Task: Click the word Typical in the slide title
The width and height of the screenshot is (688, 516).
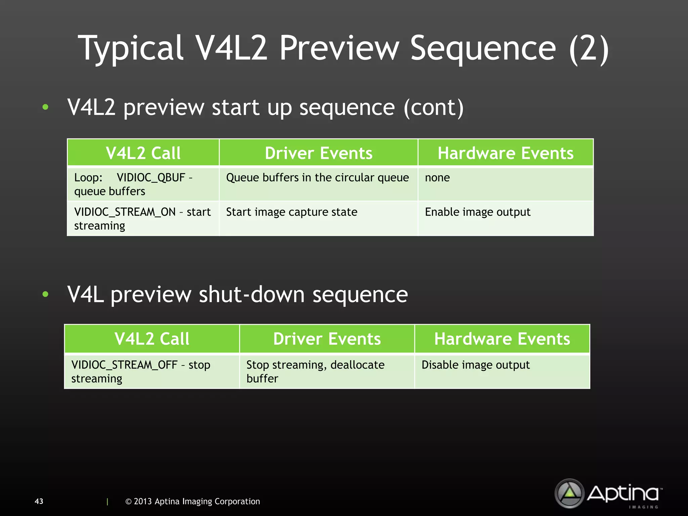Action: tap(130, 49)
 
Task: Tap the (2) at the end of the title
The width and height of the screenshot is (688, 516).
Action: tap(589, 49)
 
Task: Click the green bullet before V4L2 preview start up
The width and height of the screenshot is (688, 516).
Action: tap(45, 107)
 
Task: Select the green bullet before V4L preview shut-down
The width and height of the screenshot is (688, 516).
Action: tap(45, 294)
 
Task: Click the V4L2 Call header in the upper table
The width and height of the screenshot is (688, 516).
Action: tap(143, 153)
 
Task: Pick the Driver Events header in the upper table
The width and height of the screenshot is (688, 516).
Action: tap(318, 153)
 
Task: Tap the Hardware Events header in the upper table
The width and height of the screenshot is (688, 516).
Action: tap(505, 153)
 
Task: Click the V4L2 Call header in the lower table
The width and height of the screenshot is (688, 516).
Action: tap(152, 339)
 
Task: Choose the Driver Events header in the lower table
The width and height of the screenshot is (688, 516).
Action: tap(327, 339)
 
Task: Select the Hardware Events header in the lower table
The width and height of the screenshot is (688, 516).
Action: tap(502, 339)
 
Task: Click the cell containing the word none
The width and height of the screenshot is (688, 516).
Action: tap(437, 177)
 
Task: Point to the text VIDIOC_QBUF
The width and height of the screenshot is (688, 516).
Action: tap(151, 177)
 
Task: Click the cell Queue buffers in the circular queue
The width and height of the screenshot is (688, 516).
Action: tap(317, 177)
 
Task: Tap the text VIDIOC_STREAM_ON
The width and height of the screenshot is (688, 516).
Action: tap(125, 212)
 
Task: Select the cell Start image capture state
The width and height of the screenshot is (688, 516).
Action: tap(292, 212)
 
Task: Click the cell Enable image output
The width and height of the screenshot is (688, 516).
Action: tap(477, 212)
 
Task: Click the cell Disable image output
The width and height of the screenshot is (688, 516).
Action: tap(475, 365)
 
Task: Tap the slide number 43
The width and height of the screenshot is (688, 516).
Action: tap(39, 501)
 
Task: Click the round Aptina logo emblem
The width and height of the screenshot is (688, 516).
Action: tap(569, 493)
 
